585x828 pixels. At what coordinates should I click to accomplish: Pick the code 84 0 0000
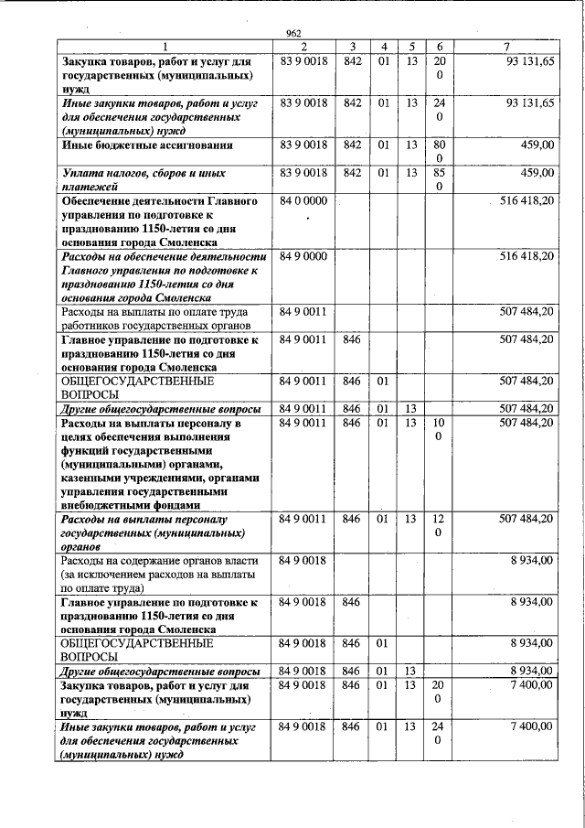(x=303, y=200)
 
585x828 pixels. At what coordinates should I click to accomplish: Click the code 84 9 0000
(x=303, y=258)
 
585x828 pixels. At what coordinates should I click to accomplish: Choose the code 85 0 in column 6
(x=439, y=178)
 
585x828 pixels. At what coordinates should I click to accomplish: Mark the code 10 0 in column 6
(x=439, y=430)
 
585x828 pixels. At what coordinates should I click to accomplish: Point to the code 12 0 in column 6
(x=439, y=525)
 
